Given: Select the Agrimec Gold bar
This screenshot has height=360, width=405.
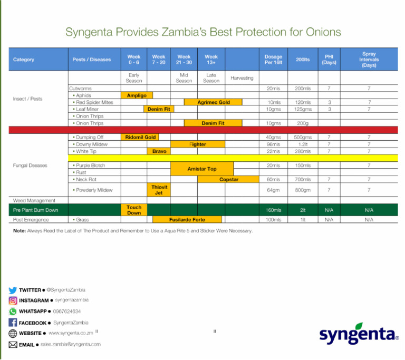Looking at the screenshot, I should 213,102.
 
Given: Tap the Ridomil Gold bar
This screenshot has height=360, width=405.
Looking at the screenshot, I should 140,137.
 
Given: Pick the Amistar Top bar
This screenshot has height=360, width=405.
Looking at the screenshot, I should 202,169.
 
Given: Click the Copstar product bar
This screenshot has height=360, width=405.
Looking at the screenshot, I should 229,179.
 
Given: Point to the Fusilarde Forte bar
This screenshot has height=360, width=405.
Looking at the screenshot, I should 187,219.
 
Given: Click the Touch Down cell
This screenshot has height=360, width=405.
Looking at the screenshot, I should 134,210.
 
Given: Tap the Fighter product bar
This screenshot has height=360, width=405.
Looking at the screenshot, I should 198,144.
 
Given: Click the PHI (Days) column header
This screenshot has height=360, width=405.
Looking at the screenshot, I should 329,59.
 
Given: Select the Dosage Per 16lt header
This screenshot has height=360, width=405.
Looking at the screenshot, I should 273,59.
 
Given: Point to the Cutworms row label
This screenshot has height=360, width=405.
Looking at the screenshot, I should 80,88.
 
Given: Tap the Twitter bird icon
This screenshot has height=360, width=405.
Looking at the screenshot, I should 13,290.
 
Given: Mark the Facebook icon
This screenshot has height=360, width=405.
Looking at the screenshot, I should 13,323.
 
